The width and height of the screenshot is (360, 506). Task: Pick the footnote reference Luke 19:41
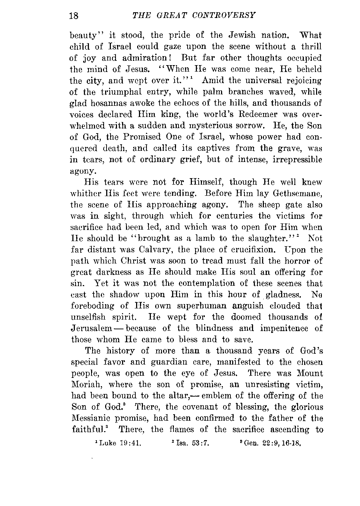[x=117, y=443]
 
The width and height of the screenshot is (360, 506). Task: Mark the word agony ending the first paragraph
[x=82, y=171]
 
